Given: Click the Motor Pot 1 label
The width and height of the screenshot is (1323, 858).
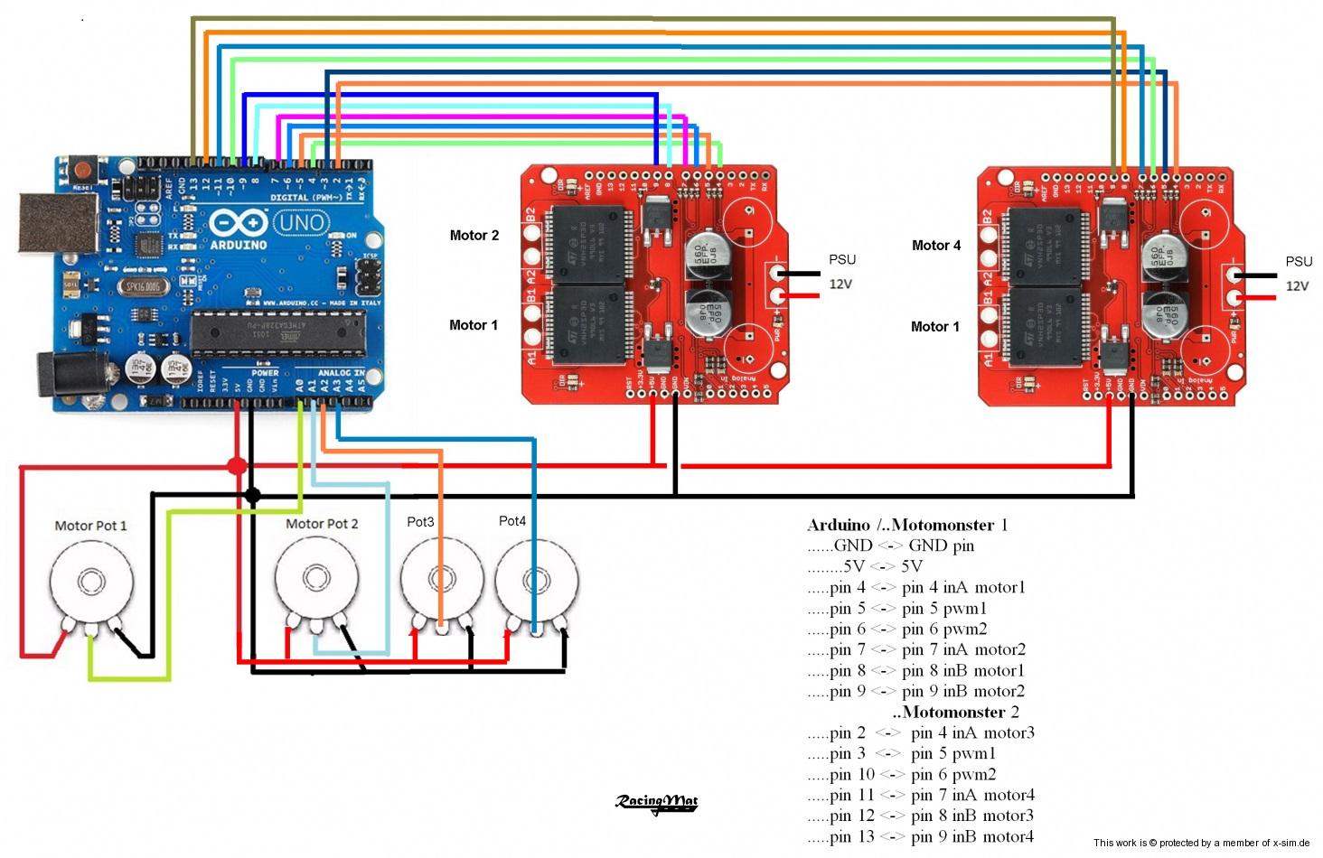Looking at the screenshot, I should coord(90,526).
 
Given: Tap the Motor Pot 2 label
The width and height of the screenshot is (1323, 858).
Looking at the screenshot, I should coord(322,524).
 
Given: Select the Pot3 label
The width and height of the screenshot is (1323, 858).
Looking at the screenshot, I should coord(420,522).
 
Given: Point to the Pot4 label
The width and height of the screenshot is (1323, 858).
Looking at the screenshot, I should coord(512,521).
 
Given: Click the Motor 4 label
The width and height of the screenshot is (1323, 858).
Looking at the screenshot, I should coord(936,246).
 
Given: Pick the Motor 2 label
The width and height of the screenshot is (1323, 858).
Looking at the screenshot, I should coord(474,236).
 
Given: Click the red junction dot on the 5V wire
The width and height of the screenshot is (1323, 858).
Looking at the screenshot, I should coord(237,466).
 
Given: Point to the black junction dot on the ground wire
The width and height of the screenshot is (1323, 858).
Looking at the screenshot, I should coord(252,495).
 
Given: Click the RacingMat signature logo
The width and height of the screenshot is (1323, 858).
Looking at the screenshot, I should coord(657,802).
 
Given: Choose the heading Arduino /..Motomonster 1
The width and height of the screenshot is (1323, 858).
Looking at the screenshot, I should coord(907,525).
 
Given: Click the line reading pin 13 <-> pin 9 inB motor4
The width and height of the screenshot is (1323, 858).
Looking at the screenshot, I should coord(921,836).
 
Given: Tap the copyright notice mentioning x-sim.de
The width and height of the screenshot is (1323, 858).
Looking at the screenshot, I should coord(1201,843).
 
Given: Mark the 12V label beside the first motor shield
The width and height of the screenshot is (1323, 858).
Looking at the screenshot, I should coord(840,284).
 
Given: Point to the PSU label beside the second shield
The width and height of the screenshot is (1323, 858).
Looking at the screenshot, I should coord(1299,262).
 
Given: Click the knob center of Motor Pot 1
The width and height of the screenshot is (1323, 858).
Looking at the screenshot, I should coord(89,579).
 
